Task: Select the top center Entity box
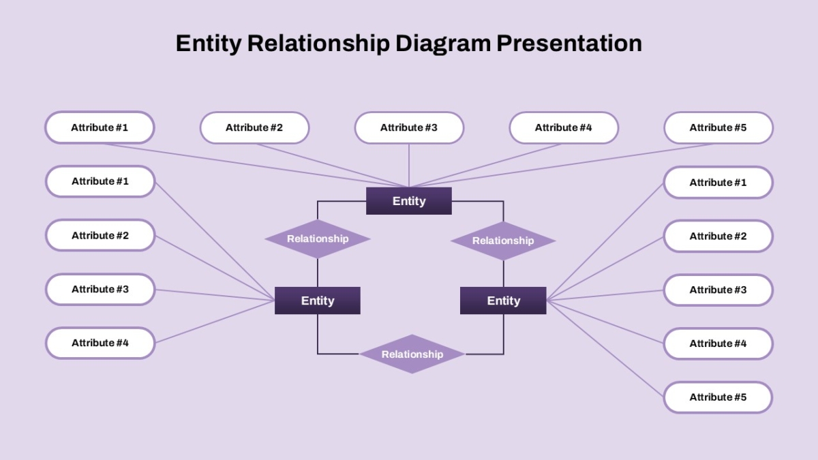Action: click(408, 201)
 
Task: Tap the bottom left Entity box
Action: click(318, 301)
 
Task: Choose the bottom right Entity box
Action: click(503, 301)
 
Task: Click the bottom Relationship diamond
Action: click(412, 354)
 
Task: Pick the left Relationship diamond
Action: click(318, 239)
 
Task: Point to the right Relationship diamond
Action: click(503, 241)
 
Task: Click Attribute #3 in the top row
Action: click(409, 128)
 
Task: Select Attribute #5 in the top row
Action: click(718, 128)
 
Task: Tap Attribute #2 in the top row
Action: click(254, 128)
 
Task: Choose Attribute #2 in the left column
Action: click(100, 236)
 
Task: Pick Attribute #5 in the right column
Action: click(718, 397)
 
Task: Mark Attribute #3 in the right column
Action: click(718, 290)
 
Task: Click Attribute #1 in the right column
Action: click(718, 183)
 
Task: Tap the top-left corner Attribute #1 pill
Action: click(100, 128)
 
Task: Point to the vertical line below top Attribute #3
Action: click(408, 166)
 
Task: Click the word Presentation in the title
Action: click(569, 44)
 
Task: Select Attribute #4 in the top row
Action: click(564, 128)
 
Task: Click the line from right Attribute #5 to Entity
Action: click(605, 349)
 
